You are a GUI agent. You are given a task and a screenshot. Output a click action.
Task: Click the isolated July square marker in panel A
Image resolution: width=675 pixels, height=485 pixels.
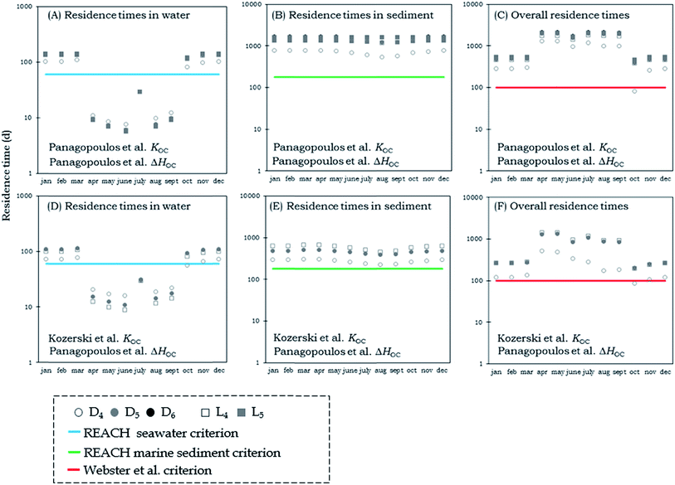pyautogui.click(x=140, y=92)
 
